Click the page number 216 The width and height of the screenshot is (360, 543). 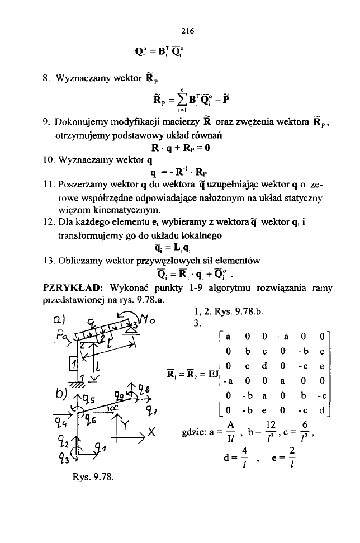(x=179, y=29)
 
